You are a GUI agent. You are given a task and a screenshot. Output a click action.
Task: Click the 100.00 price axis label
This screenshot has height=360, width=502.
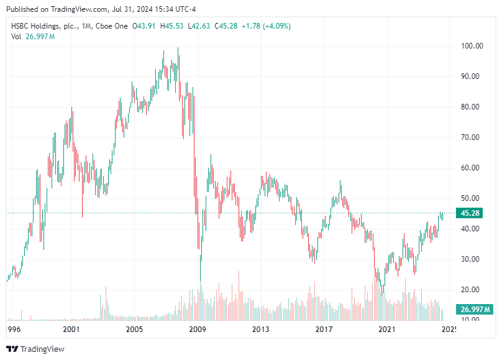(472, 46)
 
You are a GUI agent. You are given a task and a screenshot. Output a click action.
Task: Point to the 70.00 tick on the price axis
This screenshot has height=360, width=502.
(472, 137)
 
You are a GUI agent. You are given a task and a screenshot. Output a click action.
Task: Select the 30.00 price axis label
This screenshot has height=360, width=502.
(472, 259)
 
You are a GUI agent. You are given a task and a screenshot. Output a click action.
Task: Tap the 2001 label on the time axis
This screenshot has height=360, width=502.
(71, 329)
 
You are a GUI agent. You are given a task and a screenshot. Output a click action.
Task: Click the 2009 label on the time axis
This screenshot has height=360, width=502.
(198, 329)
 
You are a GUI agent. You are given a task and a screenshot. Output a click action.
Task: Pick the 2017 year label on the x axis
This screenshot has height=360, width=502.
(324, 329)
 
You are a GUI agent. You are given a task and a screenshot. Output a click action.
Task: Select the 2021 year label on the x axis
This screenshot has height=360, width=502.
(387, 329)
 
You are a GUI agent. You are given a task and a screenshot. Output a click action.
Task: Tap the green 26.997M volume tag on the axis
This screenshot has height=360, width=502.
(475, 310)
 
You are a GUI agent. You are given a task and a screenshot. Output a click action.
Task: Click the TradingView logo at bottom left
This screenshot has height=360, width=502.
(35, 349)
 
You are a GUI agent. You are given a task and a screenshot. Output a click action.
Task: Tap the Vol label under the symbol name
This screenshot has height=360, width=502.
(17, 37)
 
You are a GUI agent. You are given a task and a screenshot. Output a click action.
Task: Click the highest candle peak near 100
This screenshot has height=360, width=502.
(178, 48)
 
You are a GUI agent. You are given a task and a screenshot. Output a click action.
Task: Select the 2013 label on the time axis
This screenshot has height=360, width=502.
(261, 329)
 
